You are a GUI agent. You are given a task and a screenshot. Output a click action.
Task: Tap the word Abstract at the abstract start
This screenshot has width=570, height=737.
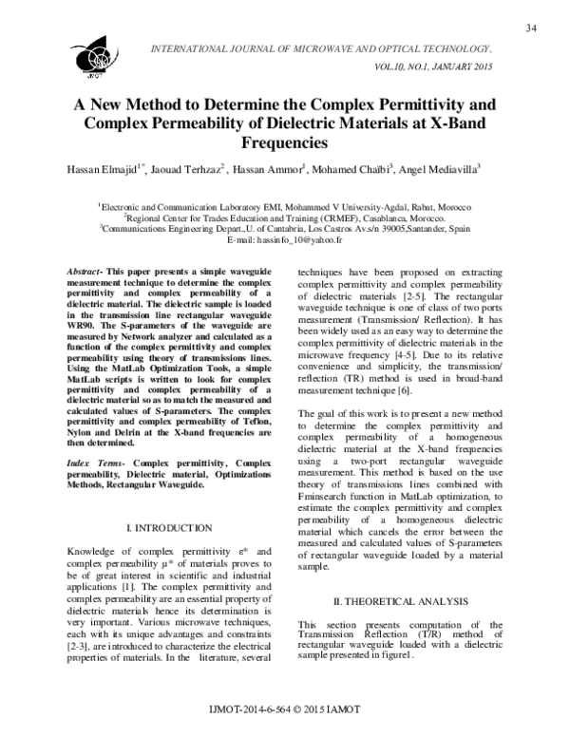[84, 273]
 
